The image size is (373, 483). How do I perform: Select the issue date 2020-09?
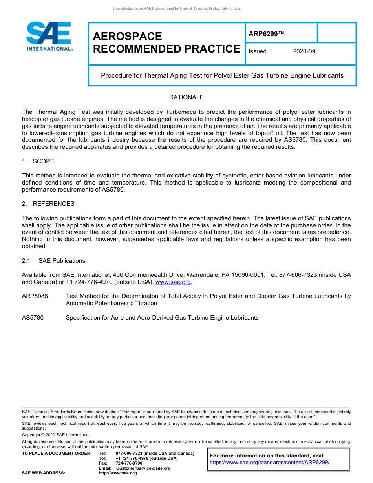(304, 51)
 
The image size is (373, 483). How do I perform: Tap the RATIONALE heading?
(186, 97)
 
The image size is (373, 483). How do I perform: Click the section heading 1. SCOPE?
(38, 161)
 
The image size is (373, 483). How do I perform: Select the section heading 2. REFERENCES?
(48, 203)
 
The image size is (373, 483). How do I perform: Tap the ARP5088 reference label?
(35, 296)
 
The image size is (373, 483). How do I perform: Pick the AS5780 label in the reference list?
(33, 317)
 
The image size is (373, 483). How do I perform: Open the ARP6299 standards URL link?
(269, 462)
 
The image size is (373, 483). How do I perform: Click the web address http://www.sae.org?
(118, 473)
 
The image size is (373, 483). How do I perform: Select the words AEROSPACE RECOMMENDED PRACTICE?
(166, 42)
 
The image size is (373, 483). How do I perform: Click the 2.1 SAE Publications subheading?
(53, 261)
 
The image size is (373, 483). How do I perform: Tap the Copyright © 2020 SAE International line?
(56, 435)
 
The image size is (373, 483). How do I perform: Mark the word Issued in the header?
(258, 51)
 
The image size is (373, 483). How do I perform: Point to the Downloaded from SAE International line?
(177, 9)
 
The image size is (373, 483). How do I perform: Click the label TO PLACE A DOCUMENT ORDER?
(57, 454)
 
